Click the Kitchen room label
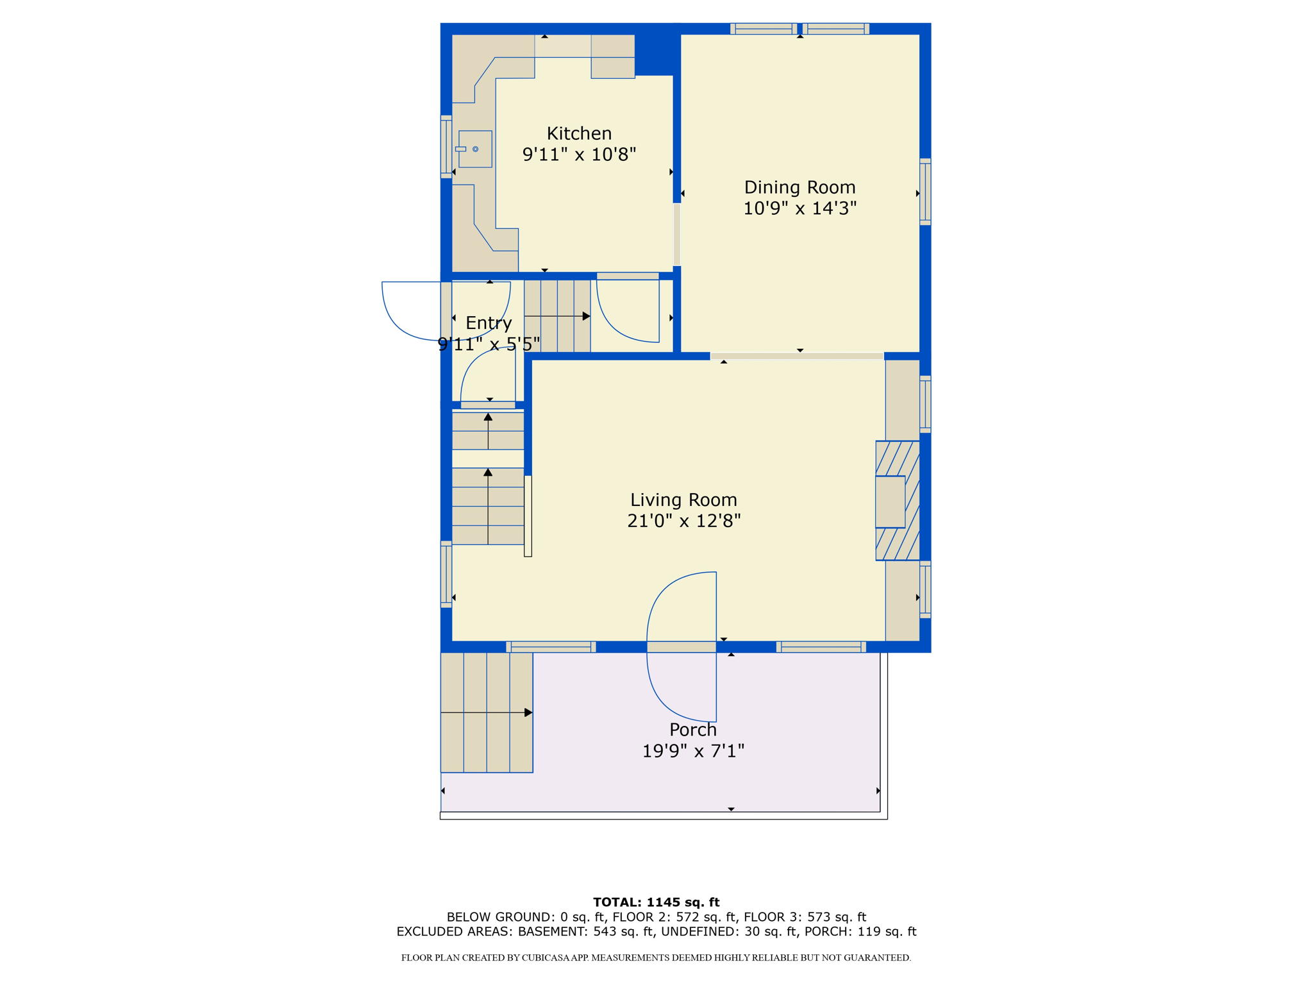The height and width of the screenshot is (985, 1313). click(x=579, y=133)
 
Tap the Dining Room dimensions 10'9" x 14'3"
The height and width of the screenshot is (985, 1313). click(x=799, y=208)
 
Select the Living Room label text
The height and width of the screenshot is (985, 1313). click(x=683, y=500)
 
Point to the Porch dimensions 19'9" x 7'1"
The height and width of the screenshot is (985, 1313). click(x=693, y=751)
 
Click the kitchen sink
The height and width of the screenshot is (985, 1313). click(x=475, y=149)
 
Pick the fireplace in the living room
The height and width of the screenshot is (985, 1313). click(x=898, y=501)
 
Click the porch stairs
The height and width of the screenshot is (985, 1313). click(x=487, y=712)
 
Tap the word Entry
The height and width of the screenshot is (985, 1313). click(x=489, y=323)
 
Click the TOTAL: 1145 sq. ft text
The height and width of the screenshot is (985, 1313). click(x=656, y=902)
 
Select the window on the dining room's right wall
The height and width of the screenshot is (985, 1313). click(x=925, y=192)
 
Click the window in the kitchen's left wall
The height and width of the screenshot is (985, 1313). click(x=446, y=147)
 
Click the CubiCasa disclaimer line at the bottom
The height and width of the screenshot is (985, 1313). click(x=656, y=957)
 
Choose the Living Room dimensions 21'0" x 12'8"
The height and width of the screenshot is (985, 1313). click(x=683, y=521)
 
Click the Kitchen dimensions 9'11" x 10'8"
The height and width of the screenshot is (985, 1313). click(x=579, y=155)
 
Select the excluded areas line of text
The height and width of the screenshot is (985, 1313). click(x=656, y=932)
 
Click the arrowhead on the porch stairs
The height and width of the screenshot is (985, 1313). click(x=528, y=712)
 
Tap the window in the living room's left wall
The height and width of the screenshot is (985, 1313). click(x=446, y=574)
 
